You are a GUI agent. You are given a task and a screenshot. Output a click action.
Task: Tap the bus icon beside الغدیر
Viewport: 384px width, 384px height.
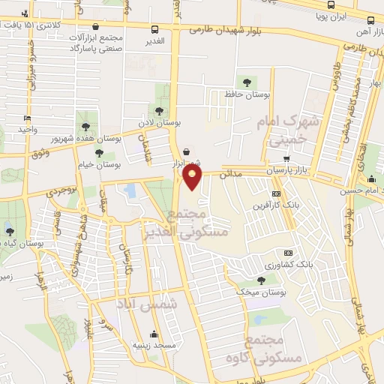(154, 31)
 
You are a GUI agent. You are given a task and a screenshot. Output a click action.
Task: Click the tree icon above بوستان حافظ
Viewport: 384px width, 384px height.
(245, 82)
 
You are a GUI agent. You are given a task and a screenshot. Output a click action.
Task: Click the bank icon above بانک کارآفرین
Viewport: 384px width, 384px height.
(286, 192)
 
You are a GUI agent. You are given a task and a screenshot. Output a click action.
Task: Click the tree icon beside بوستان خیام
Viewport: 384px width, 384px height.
(99, 153)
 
